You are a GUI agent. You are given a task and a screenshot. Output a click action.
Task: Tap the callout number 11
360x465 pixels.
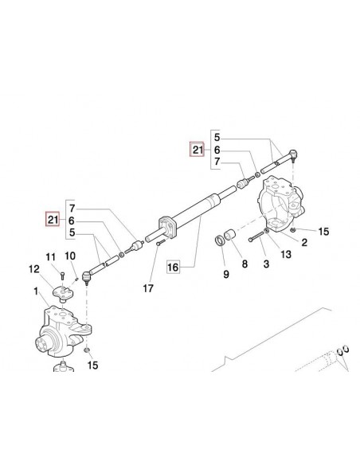(x=49, y=256)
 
